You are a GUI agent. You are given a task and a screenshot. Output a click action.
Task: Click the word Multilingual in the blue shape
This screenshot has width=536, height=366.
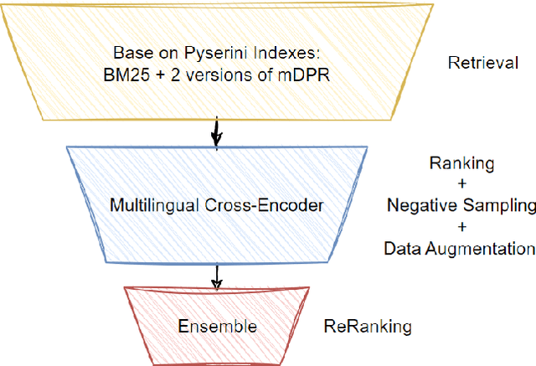(x=150, y=204)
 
